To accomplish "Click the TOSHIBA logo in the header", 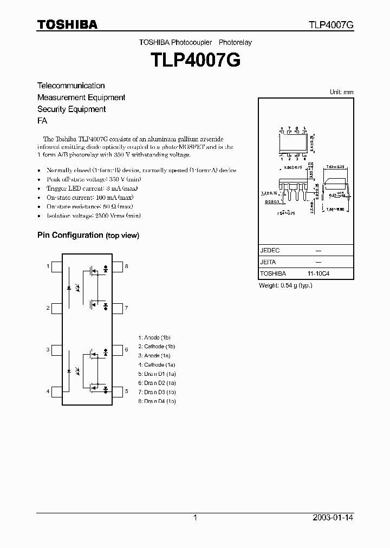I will point(67,24).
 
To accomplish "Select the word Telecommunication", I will point(71,86).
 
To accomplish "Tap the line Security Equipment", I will point(71,109).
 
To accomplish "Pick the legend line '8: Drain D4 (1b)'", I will point(157,401).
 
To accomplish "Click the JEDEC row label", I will point(270,251).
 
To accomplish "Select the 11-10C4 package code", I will point(318,274).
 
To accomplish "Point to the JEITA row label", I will point(268,262).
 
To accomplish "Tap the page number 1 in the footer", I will point(195,518).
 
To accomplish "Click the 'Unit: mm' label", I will point(342,92).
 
